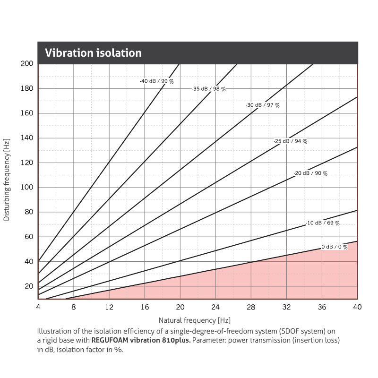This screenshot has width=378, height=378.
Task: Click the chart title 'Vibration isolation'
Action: point(93,53)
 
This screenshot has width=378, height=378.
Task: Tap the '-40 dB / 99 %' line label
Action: point(157,81)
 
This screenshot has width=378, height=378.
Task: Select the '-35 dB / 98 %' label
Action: point(209,89)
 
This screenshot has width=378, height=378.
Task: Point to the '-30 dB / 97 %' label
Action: point(263,105)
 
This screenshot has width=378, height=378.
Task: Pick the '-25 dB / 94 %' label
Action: point(291,141)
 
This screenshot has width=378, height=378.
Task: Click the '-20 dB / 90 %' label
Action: point(310,173)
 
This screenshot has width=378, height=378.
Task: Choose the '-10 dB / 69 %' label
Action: point(323,223)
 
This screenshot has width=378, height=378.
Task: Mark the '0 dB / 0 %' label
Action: point(335,247)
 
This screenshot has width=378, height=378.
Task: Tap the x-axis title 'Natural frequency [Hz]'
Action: point(195,320)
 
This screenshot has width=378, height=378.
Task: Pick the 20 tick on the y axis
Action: point(28,286)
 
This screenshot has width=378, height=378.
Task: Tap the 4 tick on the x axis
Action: point(38,307)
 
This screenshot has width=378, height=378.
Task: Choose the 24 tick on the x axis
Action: point(215,307)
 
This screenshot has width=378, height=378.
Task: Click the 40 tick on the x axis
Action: point(357,307)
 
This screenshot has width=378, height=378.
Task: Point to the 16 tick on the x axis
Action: point(144,307)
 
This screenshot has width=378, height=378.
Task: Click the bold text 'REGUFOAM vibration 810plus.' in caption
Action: point(141,340)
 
